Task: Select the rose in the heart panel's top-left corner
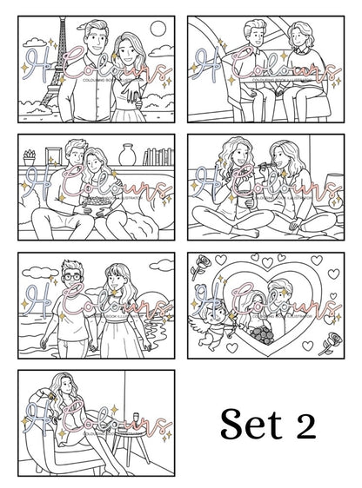pos(205,266)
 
